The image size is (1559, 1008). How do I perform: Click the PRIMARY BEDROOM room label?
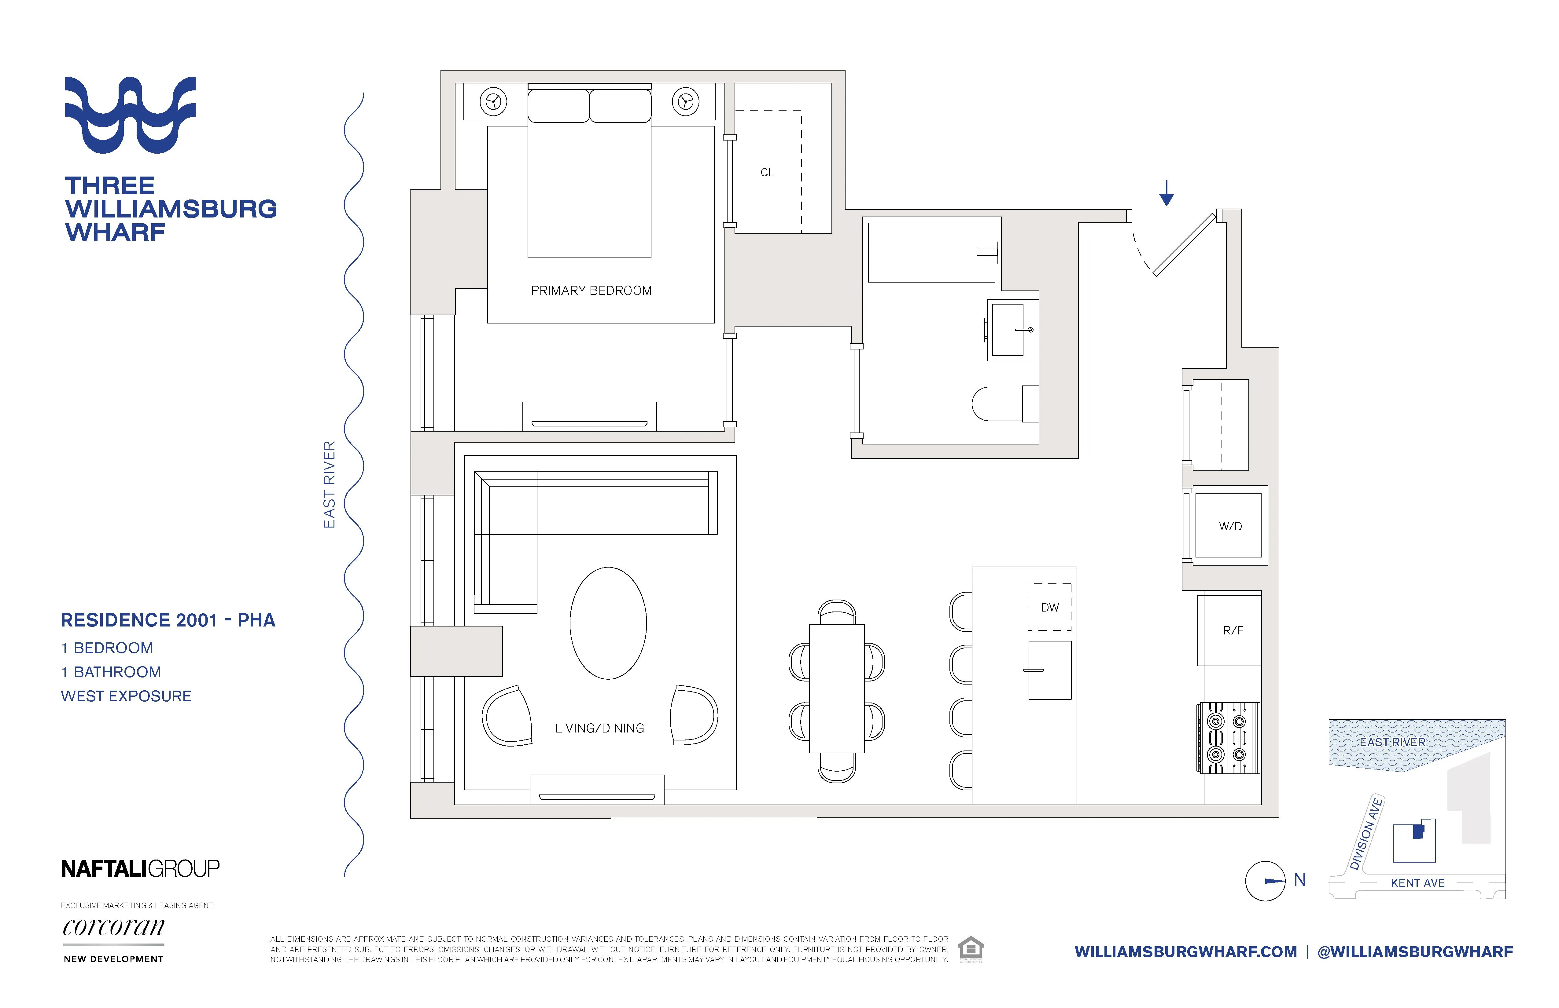coord(591,290)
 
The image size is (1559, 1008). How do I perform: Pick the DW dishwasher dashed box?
coord(1049,607)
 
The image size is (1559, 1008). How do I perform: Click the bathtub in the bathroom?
coord(931,253)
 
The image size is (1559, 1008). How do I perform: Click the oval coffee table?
coord(608,623)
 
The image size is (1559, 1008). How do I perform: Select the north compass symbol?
coord(1266,881)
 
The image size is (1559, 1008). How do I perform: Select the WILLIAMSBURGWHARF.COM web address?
coord(1186,952)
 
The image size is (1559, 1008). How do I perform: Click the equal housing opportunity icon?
coord(971,948)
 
